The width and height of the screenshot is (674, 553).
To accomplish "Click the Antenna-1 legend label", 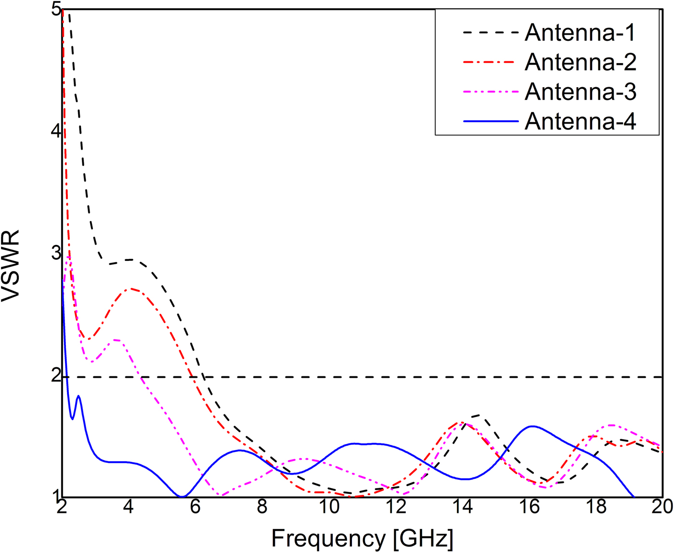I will tap(580, 33).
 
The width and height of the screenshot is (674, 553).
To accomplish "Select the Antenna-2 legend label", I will tap(580, 62).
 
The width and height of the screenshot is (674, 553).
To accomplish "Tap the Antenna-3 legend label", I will tap(580, 91).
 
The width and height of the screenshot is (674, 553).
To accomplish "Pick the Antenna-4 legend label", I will tap(580, 121).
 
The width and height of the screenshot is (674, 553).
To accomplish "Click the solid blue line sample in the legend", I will tap(490, 122).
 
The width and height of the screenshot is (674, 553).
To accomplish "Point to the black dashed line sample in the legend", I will tap(490, 33).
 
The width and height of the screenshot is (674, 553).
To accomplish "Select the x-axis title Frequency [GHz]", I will tap(362, 538).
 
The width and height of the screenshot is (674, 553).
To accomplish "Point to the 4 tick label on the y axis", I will tap(55, 132).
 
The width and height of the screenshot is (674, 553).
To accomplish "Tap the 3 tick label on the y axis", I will tap(55, 253).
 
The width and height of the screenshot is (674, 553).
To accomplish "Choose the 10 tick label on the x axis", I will tap(329, 507).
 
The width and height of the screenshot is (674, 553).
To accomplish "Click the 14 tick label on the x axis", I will tap(463, 507).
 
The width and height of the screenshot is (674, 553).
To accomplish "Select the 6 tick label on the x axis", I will tap(195, 507).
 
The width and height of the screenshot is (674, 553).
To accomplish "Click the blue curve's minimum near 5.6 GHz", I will tap(182, 496).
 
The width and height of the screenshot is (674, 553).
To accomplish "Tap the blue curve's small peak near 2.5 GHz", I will tap(78, 396).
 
